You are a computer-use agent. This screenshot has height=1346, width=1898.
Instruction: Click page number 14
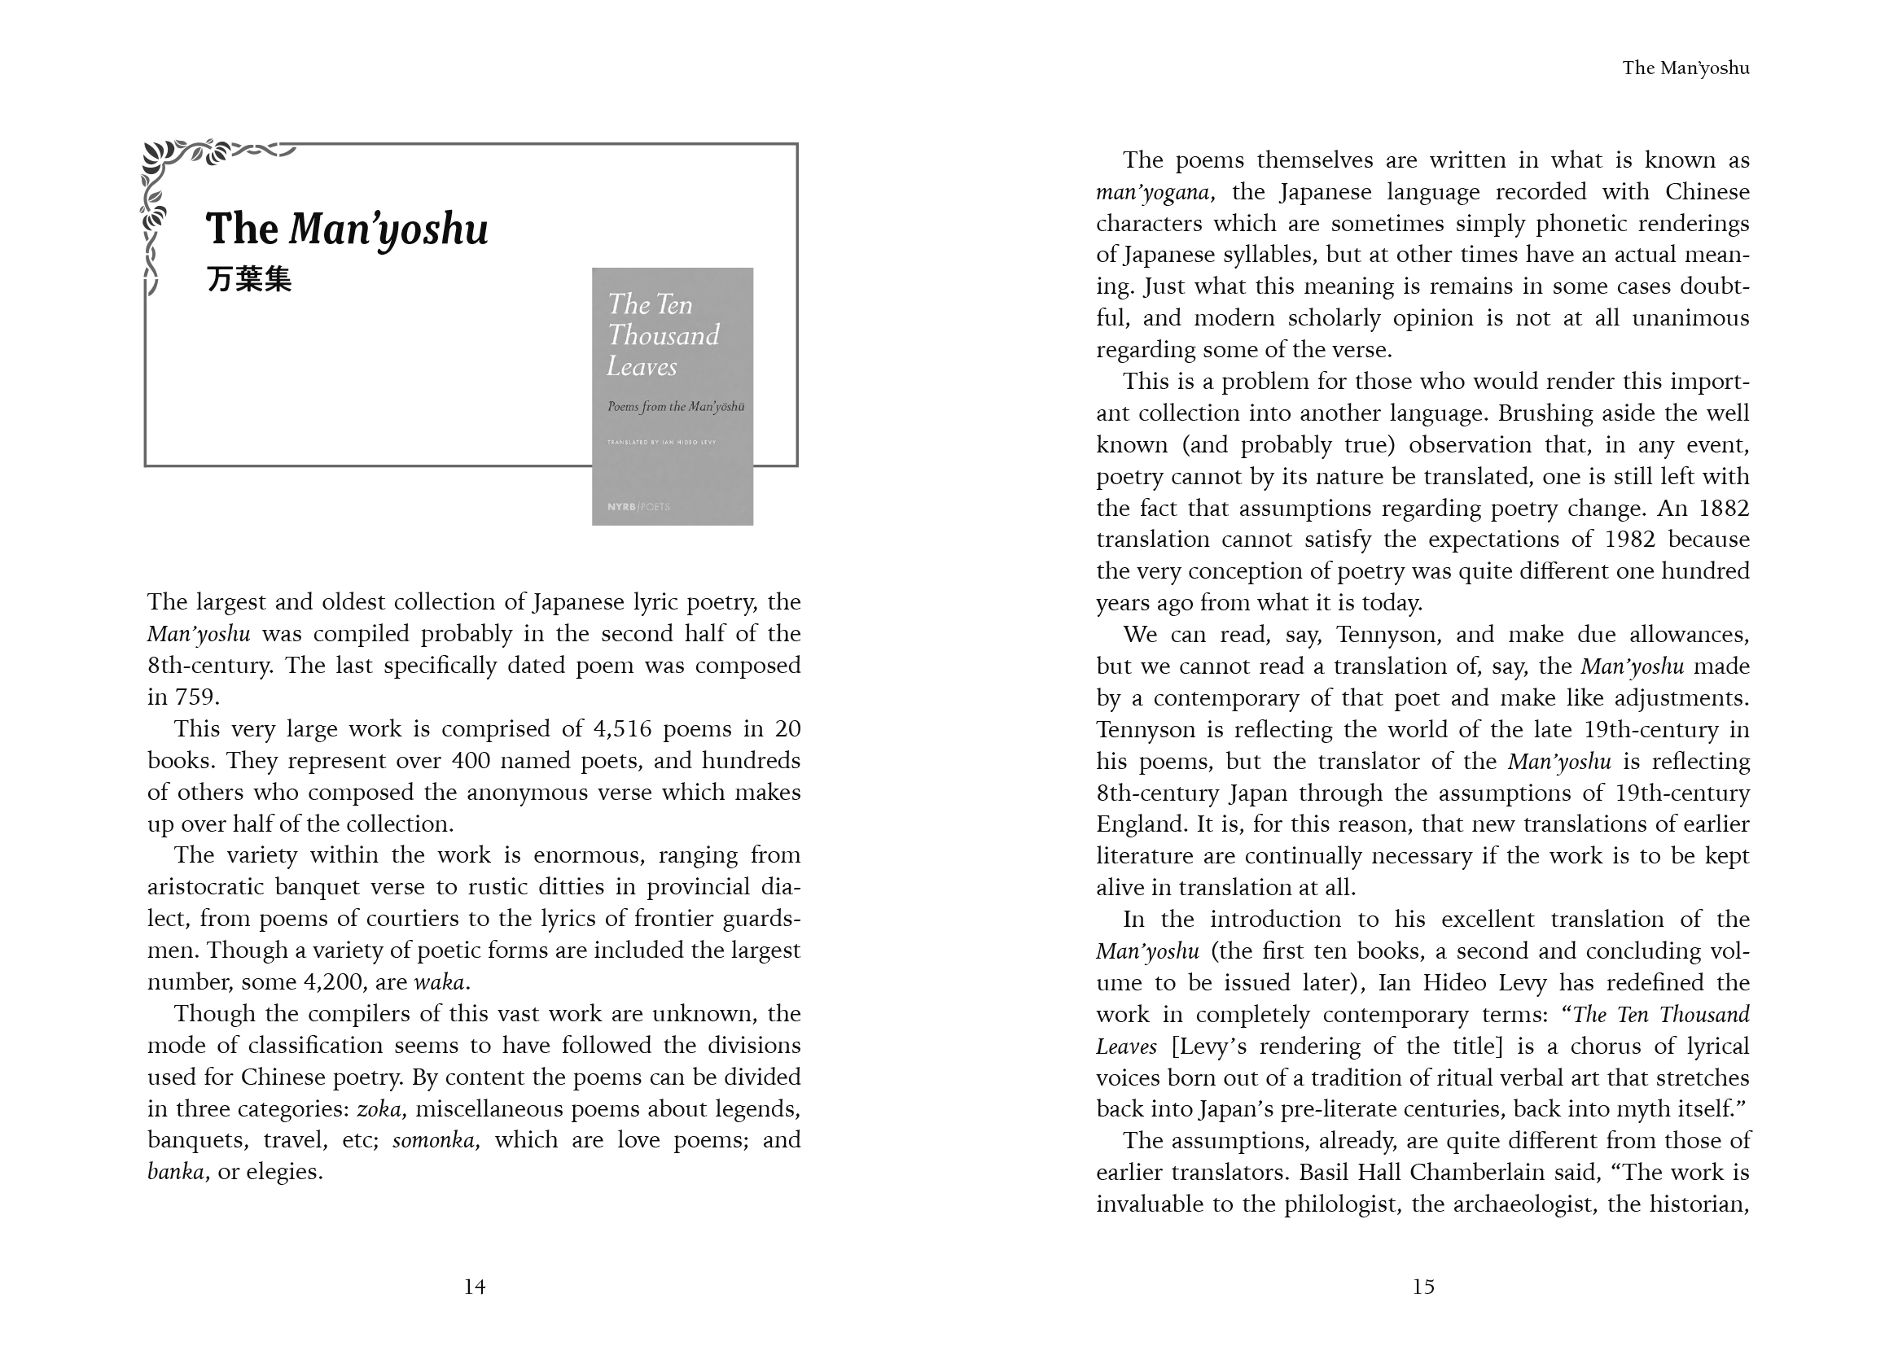click(474, 1287)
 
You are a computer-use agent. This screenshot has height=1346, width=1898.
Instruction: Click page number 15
click(1422, 1287)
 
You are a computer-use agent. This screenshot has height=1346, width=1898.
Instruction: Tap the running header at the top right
click(1685, 68)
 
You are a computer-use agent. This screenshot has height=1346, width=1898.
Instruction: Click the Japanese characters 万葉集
click(249, 279)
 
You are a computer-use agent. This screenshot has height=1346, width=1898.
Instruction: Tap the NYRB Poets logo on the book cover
click(638, 506)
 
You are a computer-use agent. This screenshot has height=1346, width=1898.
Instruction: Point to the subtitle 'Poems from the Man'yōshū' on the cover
click(675, 407)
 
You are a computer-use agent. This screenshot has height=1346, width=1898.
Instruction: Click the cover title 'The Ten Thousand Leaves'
click(663, 334)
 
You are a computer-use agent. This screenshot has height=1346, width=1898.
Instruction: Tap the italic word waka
click(439, 982)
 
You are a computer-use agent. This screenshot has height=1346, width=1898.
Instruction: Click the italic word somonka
click(434, 1140)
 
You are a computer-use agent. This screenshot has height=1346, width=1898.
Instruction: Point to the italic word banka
click(176, 1172)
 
